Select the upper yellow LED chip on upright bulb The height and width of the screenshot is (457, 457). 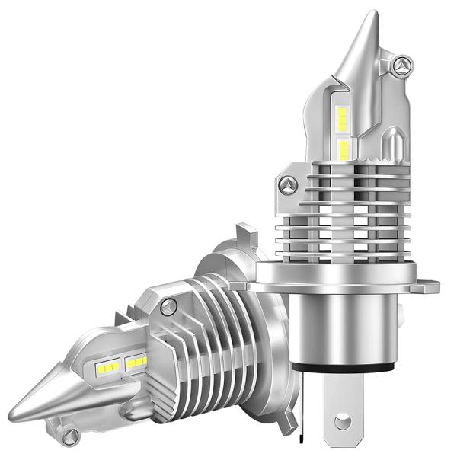pyautogui.click(x=344, y=117)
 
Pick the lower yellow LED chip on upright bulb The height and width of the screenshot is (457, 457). pyautogui.click(x=344, y=149)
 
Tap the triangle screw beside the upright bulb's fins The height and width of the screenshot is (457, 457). pyautogui.click(x=288, y=185)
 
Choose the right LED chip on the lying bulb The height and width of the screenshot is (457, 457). pyautogui.click(x=137, y=362)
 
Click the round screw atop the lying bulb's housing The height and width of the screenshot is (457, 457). pyautogui.click(x=169, y=305)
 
